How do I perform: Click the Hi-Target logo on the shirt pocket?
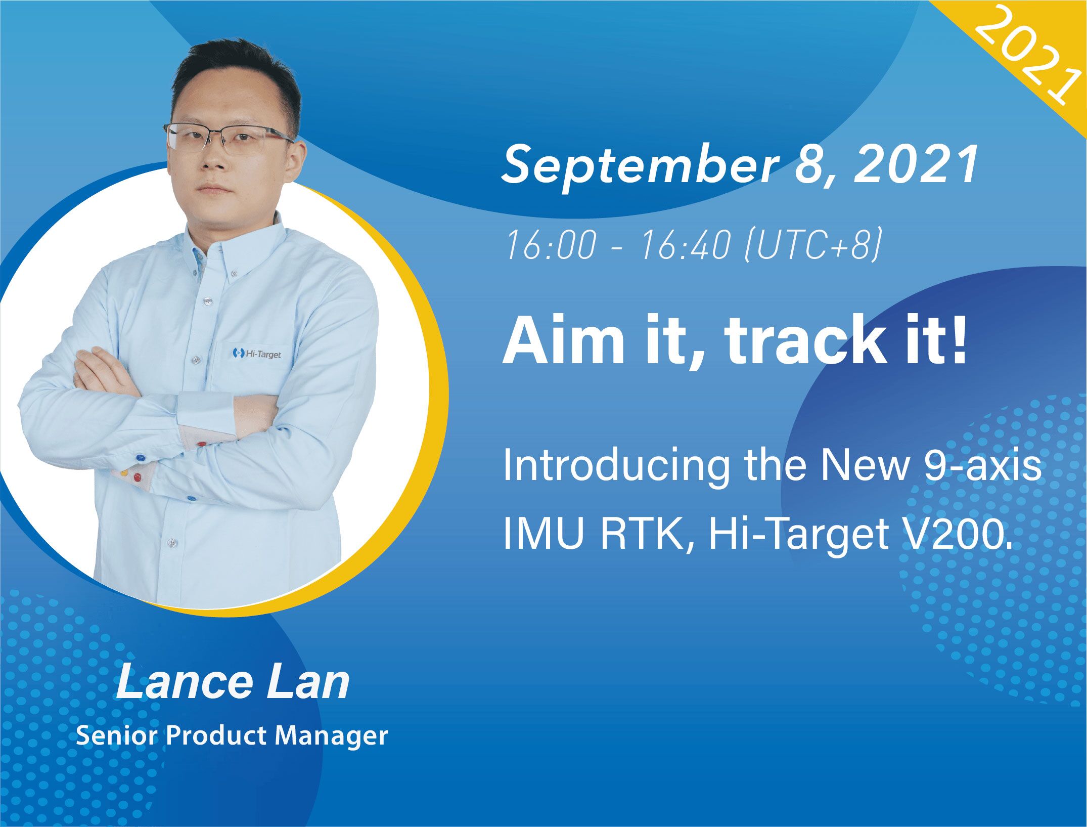tap(256, 353)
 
